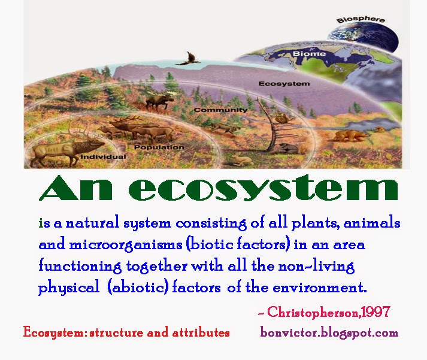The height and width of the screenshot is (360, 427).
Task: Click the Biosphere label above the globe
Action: click(x=361, y=20)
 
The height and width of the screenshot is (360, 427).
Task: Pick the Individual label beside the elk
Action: click(x=103, y=156)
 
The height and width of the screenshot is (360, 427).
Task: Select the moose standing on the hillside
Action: click(x=157, y=98)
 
